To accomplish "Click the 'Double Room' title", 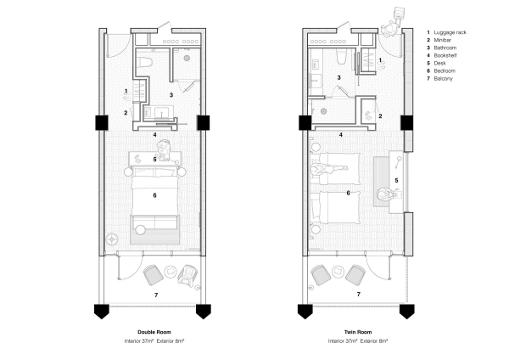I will [x=154, y=332].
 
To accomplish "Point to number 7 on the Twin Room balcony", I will [x=358, y=294].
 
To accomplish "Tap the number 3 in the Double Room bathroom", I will [x=171, y=94].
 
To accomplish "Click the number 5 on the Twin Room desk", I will [x=395, y=180].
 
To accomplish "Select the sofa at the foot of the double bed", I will [x=154, y=225].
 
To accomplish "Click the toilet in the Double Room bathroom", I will [x=144, y=63].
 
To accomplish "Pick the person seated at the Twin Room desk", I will [x=388, y=198].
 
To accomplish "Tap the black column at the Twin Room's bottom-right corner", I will [x=406, y=309].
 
